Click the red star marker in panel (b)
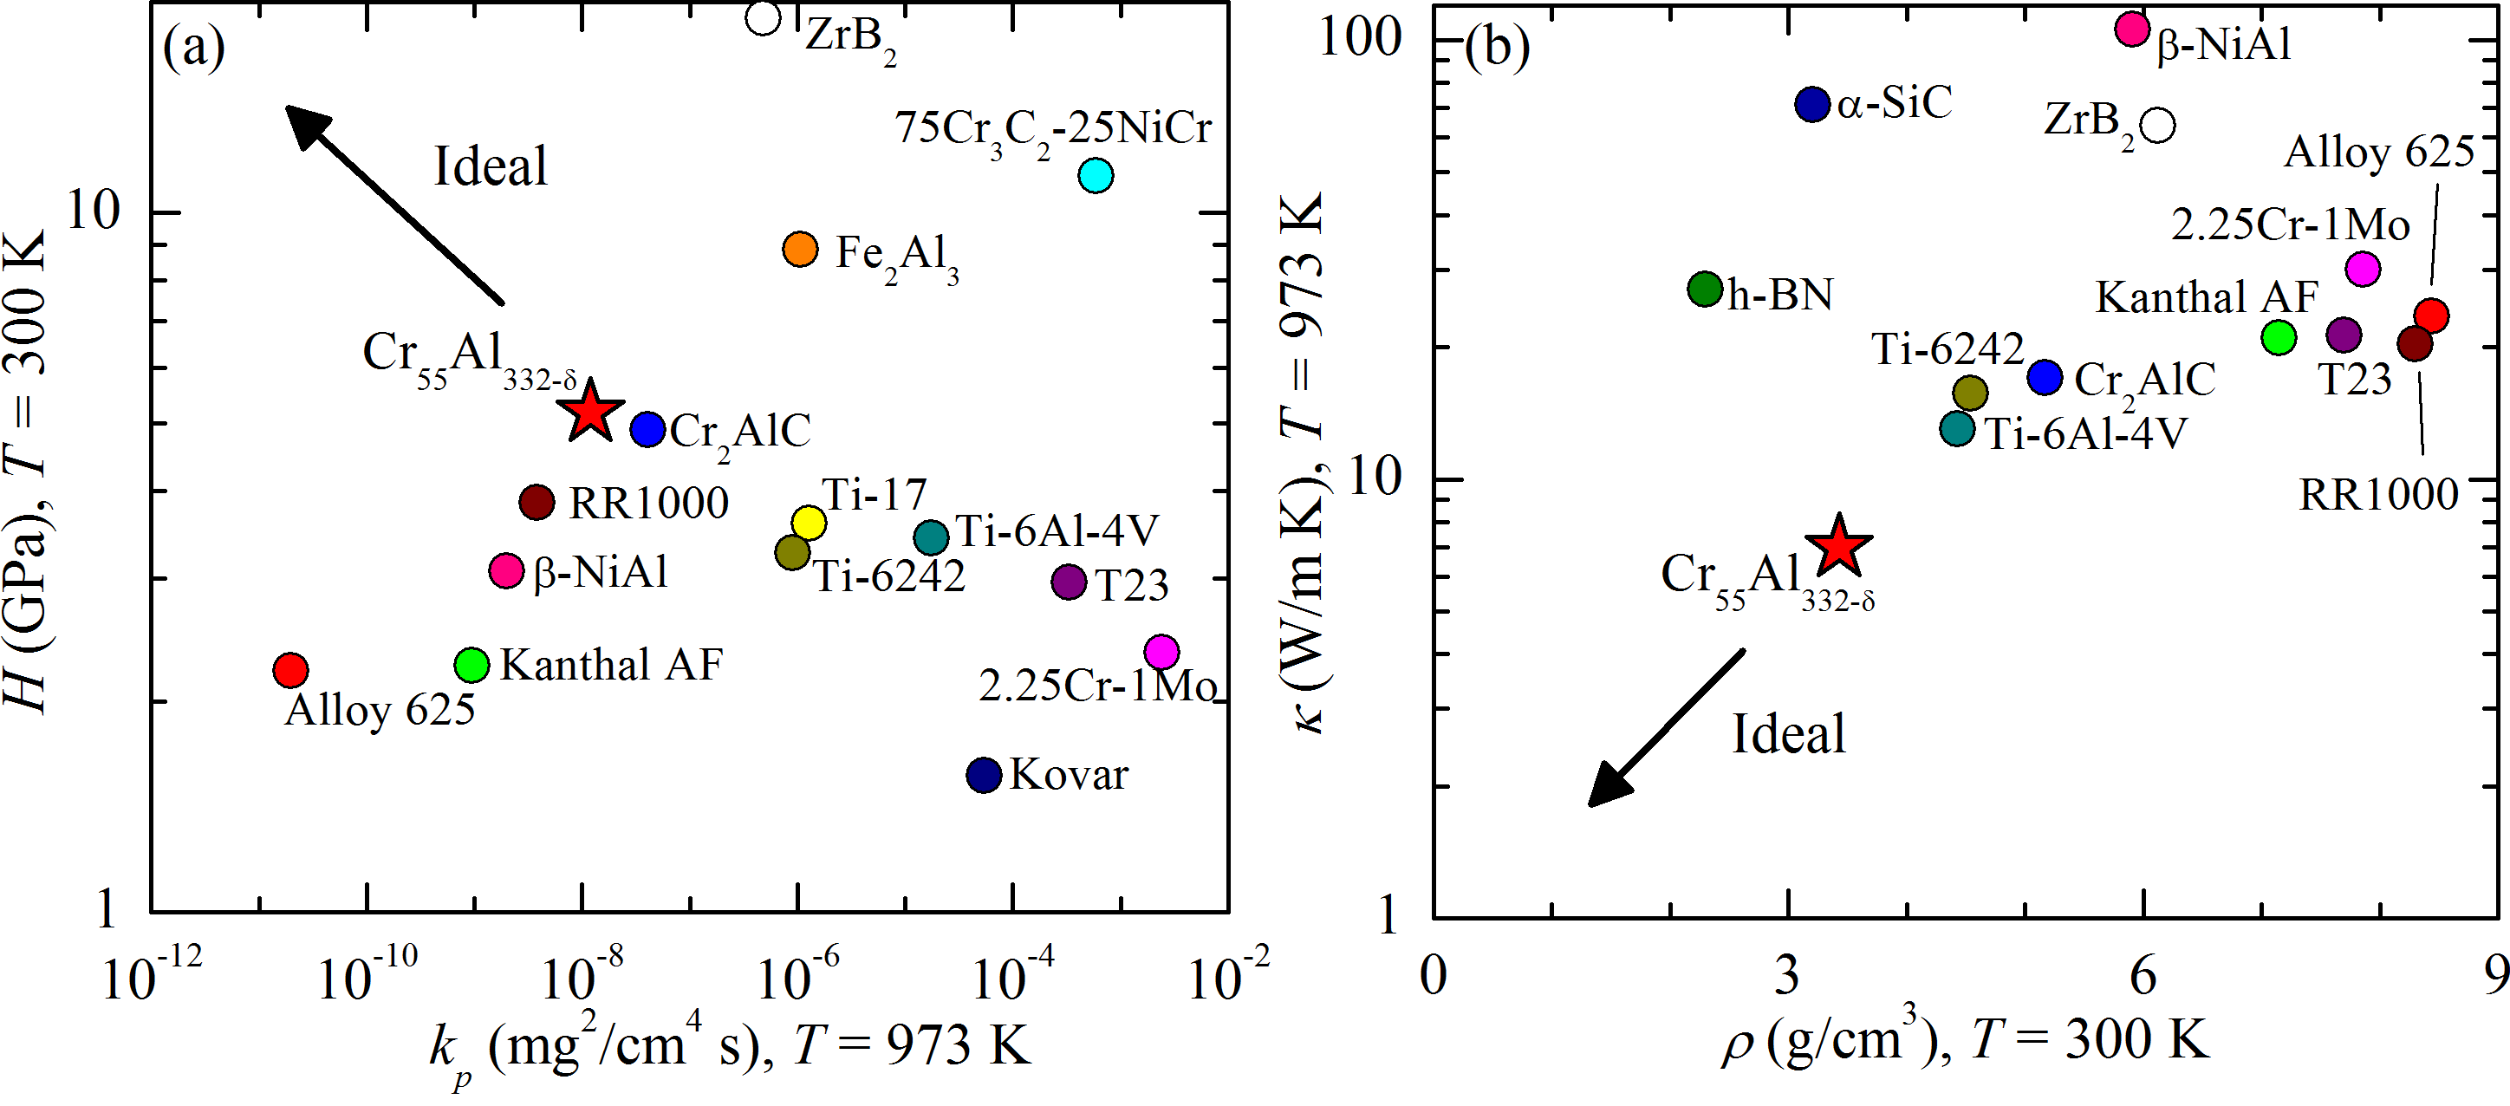point(1837,547)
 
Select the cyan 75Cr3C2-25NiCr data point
point(1096,175)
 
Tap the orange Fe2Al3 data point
point(800,250)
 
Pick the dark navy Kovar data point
point(984,775)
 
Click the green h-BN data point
point(1705,289)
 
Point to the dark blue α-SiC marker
point(1812,103)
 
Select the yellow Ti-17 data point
point(809,523)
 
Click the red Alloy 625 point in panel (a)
point(290,669)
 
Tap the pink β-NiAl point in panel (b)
point(2133,29)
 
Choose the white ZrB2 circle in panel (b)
point(2159,125)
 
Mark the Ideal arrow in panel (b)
point(1666,728)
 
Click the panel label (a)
point(194,47)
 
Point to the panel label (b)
point(1497,47)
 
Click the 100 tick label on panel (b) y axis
point(1360,37)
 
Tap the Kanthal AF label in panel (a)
point(611,666)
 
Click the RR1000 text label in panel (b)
point(2378,495)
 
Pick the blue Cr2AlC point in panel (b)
point(2045,377)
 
